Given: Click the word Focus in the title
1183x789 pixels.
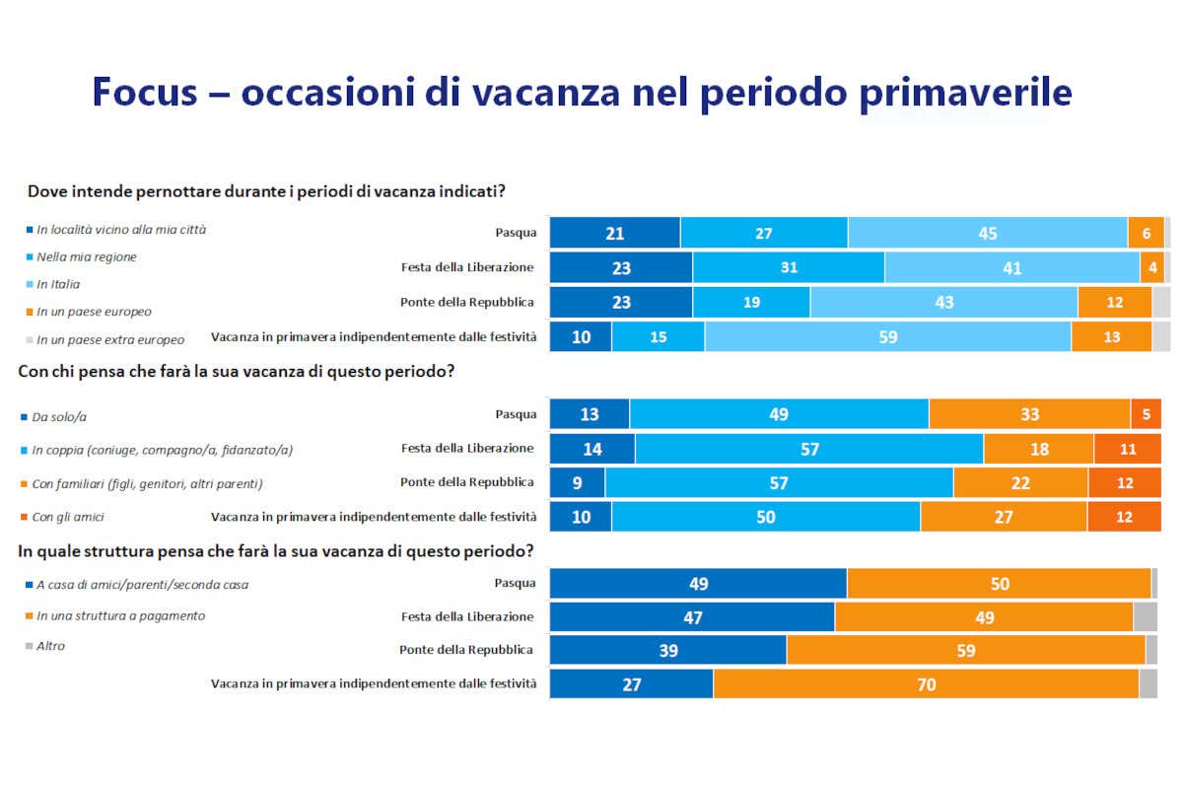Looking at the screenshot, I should pyautogui.click(x=150, y=93).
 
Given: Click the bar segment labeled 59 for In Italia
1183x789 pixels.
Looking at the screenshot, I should pyautogui.click(x=887, y=336).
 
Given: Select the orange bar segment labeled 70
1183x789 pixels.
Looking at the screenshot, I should pyautogui.click(x=926, y=683).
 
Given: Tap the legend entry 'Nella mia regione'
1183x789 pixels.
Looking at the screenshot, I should pyautogui.click(x=87, y=256).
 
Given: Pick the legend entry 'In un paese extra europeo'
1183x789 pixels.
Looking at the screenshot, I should pyautogui.click(x=110, y=339).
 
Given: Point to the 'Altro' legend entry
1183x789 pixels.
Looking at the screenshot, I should pyautogui.click(x=51, y=646).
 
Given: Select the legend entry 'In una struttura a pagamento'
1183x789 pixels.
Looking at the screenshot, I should pyautogui.click(x=120, y=615).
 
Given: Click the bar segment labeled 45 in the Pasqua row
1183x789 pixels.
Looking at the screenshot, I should pyautogui.click(x=987, y=233).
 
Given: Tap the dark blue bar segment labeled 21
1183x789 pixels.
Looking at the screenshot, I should pyautogui.click(x=614, y=233).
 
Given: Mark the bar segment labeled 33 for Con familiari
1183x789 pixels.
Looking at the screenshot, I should pyautogui.click(x=1029, y=414).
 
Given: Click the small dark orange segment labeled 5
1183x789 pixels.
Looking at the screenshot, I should pyautogui.click(x=1146, y=414).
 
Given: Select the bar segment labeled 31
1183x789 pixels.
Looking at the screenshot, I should pyautogui.click(x=788, y=267).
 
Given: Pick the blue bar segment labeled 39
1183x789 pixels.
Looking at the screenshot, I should pyautogui.click(x=667, y=650).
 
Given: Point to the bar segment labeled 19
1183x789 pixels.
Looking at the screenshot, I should pyautogui.click(x=751, y=302).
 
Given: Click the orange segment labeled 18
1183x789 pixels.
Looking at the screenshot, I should pyautogui.click(x=1038, y=449).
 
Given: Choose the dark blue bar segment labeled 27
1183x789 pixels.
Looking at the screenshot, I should pyautogui.click(x=631, y=683).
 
